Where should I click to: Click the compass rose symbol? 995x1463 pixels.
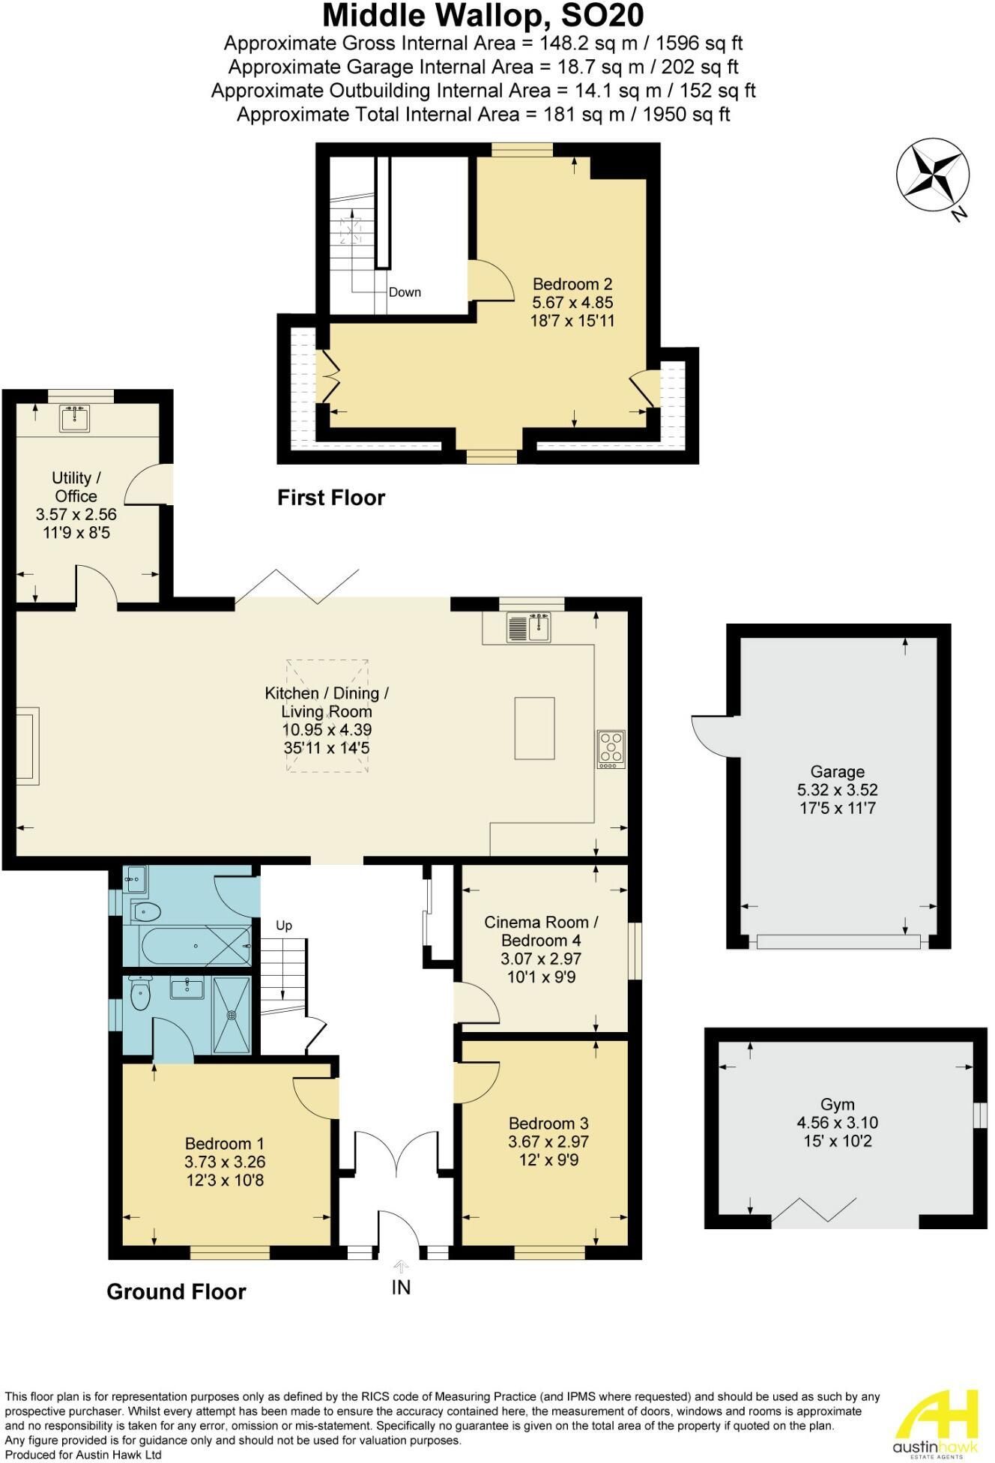931,177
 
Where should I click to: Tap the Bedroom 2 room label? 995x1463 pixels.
572,284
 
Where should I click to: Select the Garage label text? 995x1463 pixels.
837,772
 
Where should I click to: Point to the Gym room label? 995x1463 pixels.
837,1105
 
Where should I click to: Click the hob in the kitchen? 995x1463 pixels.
611,749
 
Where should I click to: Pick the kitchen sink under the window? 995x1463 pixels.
529,627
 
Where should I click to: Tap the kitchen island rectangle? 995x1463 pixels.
535,728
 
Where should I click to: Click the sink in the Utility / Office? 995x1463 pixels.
74,418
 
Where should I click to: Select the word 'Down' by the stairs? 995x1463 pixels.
405,292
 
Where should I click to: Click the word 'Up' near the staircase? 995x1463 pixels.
284,926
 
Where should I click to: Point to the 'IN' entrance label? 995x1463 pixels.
402,1288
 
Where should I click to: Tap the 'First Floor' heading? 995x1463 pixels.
331,498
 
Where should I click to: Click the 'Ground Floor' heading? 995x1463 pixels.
176,1291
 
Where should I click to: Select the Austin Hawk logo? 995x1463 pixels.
934,1418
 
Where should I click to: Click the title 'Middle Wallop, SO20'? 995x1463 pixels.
483,15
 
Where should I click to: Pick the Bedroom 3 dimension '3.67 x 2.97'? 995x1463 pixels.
548,1141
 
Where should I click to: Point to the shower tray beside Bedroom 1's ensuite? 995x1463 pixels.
232,1015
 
